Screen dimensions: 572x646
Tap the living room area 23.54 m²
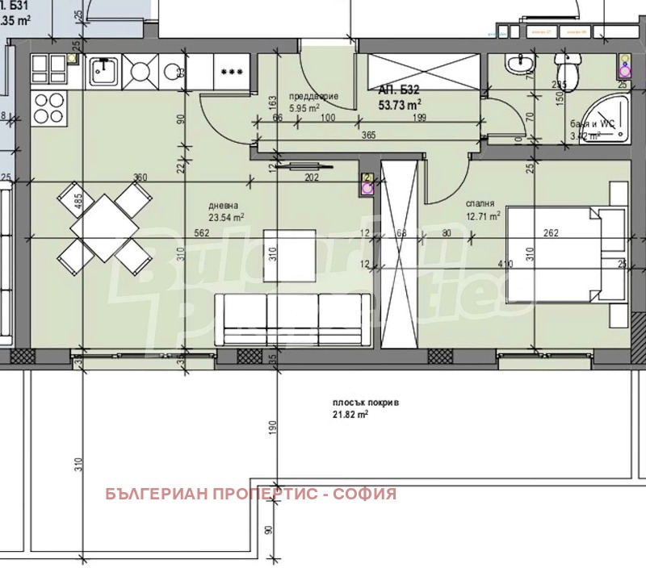click(227, 216)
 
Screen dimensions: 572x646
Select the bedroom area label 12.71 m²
click(483, 215)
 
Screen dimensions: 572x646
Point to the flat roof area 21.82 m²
click(350, 414)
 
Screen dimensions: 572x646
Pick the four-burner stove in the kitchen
click(48, 105)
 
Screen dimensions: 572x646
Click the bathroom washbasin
click(515, 66)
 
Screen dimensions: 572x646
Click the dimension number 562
click(179, 233)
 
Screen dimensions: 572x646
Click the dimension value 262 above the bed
click(551, 233)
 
